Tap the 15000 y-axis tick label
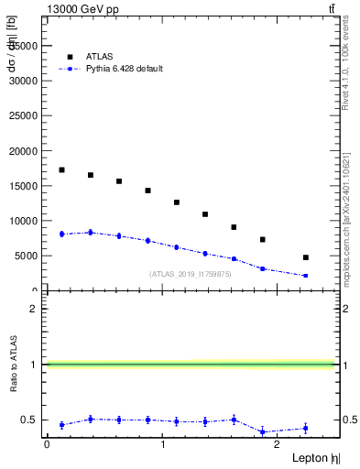24,186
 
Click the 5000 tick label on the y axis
27,256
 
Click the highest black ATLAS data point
61,169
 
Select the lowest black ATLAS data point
305,257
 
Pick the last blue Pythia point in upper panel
305,276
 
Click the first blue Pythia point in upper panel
61,234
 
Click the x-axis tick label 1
162,444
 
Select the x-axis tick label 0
47,444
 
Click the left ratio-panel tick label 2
34,309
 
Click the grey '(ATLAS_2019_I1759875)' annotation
191,274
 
